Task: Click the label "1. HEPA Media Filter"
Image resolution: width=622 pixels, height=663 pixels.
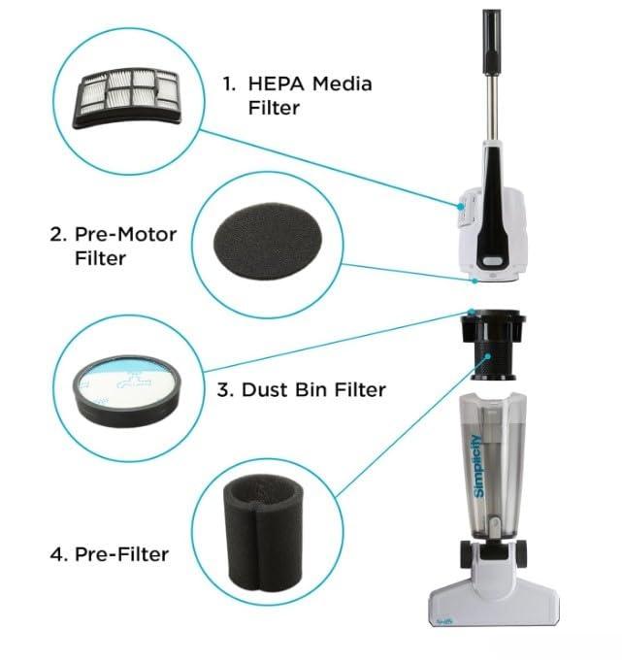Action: [x=296, y=95]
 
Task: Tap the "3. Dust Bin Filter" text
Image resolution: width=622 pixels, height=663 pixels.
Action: [x=300, y=390]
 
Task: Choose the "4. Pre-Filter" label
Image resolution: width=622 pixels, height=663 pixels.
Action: [x=109, y=554]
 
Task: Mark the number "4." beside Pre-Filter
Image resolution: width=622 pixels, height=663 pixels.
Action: [x=57, y=554]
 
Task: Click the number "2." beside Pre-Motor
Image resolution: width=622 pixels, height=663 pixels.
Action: [x=56, y=235]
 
